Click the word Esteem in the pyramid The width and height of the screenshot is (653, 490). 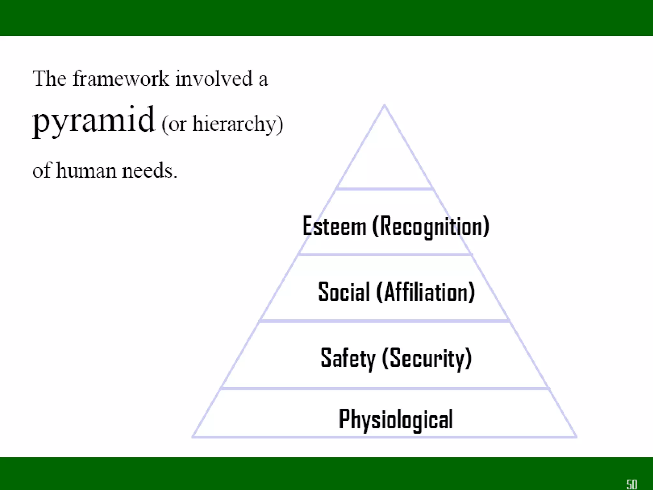point(334,226)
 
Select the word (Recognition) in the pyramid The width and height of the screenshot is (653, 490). point(431,226)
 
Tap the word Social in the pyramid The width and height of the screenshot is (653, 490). point(344,292)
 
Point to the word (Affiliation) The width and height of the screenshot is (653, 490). point(426,292)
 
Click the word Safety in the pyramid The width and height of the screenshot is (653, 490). point(348,358)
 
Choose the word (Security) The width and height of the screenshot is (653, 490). point(427,358)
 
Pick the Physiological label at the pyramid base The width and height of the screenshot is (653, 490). point(396,419)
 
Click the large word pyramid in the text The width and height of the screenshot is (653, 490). point(94,121)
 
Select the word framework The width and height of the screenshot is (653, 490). point(121,78)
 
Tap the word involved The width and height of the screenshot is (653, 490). point(214,78)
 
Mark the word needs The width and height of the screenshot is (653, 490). point(149,170)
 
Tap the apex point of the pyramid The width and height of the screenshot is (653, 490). point(385,105)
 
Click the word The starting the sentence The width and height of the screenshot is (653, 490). point(49,78)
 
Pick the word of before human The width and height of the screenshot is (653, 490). point(41,170)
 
